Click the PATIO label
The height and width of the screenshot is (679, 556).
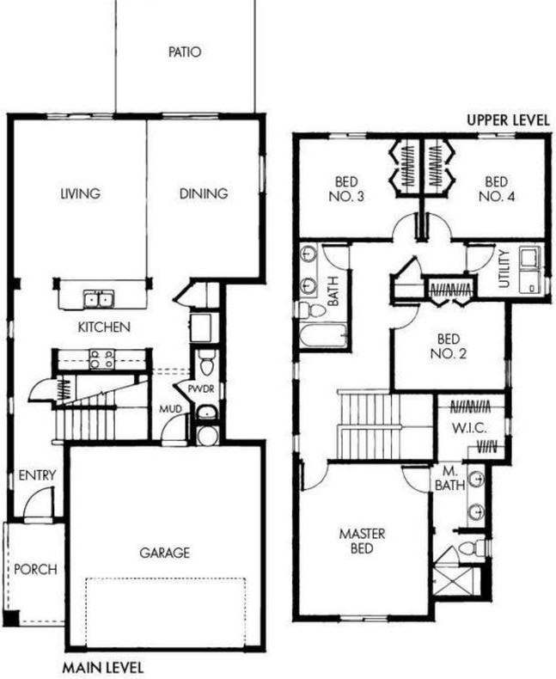click(x=184, y=52)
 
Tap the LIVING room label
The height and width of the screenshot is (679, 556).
click(x=79, y=193)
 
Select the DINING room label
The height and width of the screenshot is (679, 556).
click(x=204, y=193)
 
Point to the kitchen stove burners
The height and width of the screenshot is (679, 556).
click(x=101, y=359)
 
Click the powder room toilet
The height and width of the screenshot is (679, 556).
click(x=205, y=365)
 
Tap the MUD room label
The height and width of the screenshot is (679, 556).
click(x=170, y=408)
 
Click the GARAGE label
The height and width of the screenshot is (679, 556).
click(x=164, y=553)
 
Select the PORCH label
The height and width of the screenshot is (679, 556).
click(x=36, y=569)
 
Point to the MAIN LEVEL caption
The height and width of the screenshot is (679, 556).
click(x=103, y=667)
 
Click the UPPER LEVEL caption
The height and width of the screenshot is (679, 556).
click(x=507, y=120)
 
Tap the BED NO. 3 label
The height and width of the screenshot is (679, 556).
click(x=349, y=189)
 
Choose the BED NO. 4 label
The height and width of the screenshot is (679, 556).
click(x=497, y=189)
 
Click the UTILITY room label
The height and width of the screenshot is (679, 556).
click(x=504, y=268)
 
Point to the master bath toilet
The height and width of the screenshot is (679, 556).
click(x=473, y=547)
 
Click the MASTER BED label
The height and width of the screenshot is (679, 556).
click(x=362, y=541)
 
